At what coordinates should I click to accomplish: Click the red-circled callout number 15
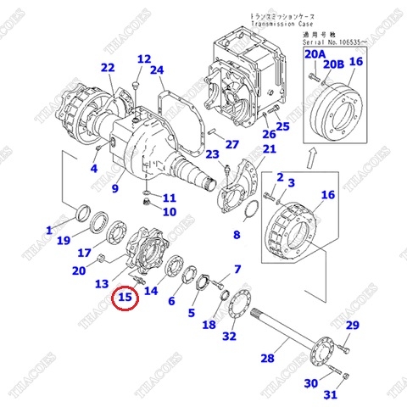[126, 298]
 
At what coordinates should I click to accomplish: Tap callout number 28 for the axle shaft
[267, 358]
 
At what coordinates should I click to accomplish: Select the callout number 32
[228, 337]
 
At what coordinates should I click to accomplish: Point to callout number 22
[107, 68]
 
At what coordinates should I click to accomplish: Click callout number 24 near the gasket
[156, 70]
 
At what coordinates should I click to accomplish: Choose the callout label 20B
[334, 64]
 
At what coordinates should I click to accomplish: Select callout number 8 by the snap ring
[237, 234]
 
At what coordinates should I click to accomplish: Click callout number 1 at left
[49, 230]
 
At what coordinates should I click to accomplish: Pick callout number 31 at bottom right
[331, 394]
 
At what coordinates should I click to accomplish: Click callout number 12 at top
[143, 59]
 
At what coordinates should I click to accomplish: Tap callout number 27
[232, 144]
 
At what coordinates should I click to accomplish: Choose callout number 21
[269, 150]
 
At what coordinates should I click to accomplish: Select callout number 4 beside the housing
[94, 168]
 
